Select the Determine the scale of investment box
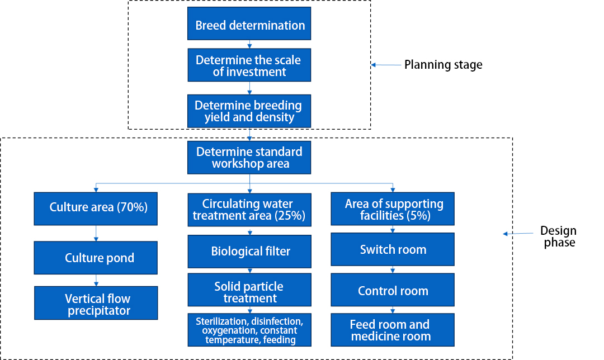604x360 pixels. (x=249, y=65)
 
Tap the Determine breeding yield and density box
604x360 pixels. (x=249, y=111)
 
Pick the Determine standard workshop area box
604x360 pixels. (x=249, y=158)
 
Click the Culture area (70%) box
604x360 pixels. (x=97, y=208)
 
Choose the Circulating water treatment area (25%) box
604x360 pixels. (x=249, y=210)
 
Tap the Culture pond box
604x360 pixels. (x=97, y=258)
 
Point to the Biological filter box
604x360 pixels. (x=249, y=252)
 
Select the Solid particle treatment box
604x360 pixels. (x=249, y=292)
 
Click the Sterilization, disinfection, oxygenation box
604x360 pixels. (x=249, y=330)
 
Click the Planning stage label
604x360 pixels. (x=443, y=65)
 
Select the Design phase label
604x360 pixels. (x=558, y=236)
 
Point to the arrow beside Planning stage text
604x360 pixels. (x=386, y=65)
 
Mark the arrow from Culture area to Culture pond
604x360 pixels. (x=96, y=233)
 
